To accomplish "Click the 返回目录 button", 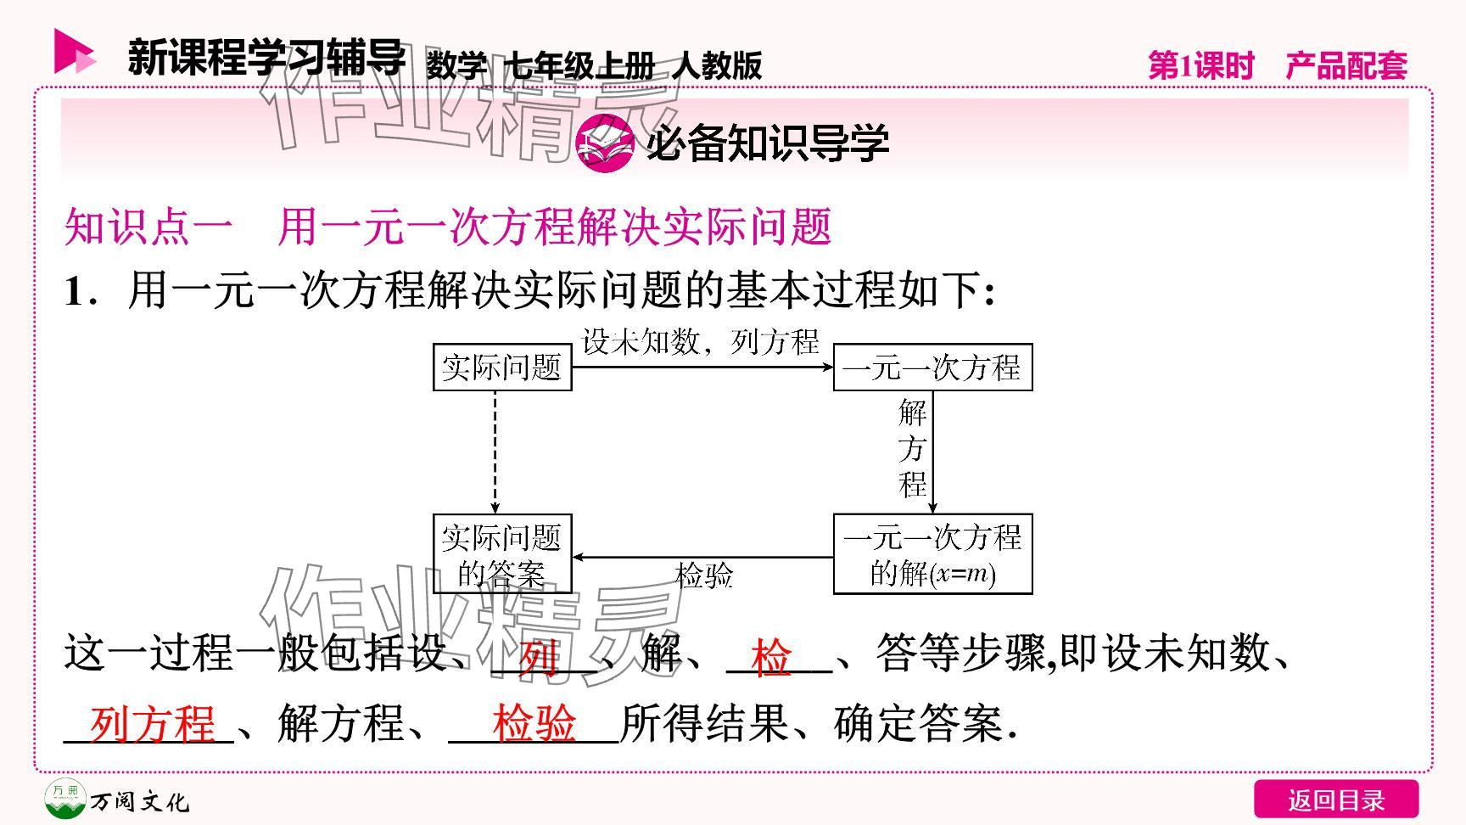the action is [x=1335, y=800].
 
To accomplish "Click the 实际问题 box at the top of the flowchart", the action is [x=502, y=368].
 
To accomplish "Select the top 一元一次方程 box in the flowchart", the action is [x=932, y=368].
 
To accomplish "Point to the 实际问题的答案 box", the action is [x=502, y=554].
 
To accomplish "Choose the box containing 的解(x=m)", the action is [x=932, y=554].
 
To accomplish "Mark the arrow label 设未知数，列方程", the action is [x=701, y=342].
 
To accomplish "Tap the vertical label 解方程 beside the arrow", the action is [x=913, y=449].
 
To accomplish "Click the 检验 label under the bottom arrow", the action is [x=704, y=575].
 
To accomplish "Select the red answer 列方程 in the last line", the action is [x=153, y=724].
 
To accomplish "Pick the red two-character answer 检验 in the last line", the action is [x=534, y=724].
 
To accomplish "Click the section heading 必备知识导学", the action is [x=767, y=143].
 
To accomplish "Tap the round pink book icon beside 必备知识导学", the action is [x=604, y=143].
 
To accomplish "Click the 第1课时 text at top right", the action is [x=1200, y=65].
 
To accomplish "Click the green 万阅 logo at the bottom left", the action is [x=65, y=799].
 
